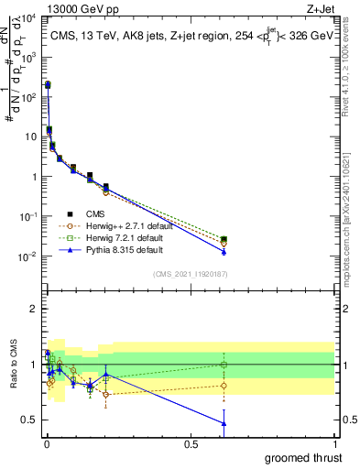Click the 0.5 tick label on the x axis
190,442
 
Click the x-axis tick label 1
335,442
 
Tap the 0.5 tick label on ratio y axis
27,420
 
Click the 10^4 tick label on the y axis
27,18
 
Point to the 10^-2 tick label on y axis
27,256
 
